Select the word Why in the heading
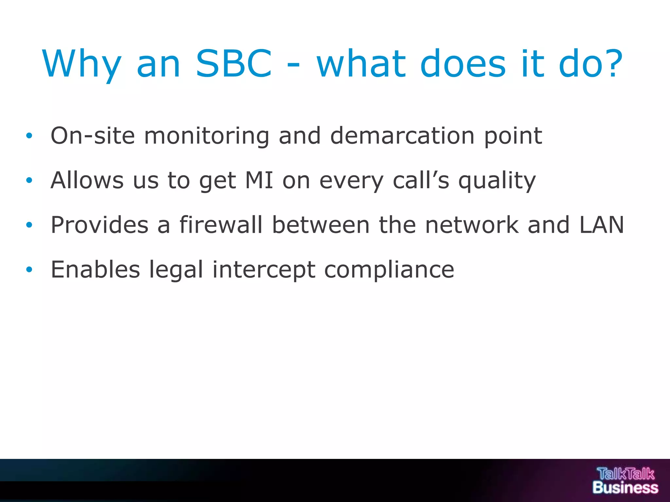pyautogui.click(x=82, y=64)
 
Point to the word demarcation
pyautogui.click(x=402, y=136)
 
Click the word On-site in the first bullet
pyautogui.click(x=93, y=136)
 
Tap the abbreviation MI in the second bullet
pyautogui.click(x=259, y=180)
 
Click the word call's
pyautogui.click(x=421, y=180)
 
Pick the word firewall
pyautogui.click(x=221, y=225)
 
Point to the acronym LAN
pyautogui.click(x=602, y=225)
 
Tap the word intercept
pyautogui.click(x=264, y=270)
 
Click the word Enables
pyautogui.click(x=95, y=270)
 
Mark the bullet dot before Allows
pyautogui.click(x=29, y=180)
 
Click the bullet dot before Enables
pyautogui.click(x=29, y=270)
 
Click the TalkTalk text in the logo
pyautogui.click(x=626, y=474)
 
